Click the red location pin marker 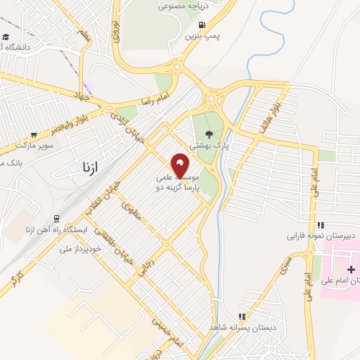tap(180, 165)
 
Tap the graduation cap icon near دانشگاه tap(6, 37)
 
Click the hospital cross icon tap(351, 269)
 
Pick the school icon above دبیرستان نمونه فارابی tap(321, 225)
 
